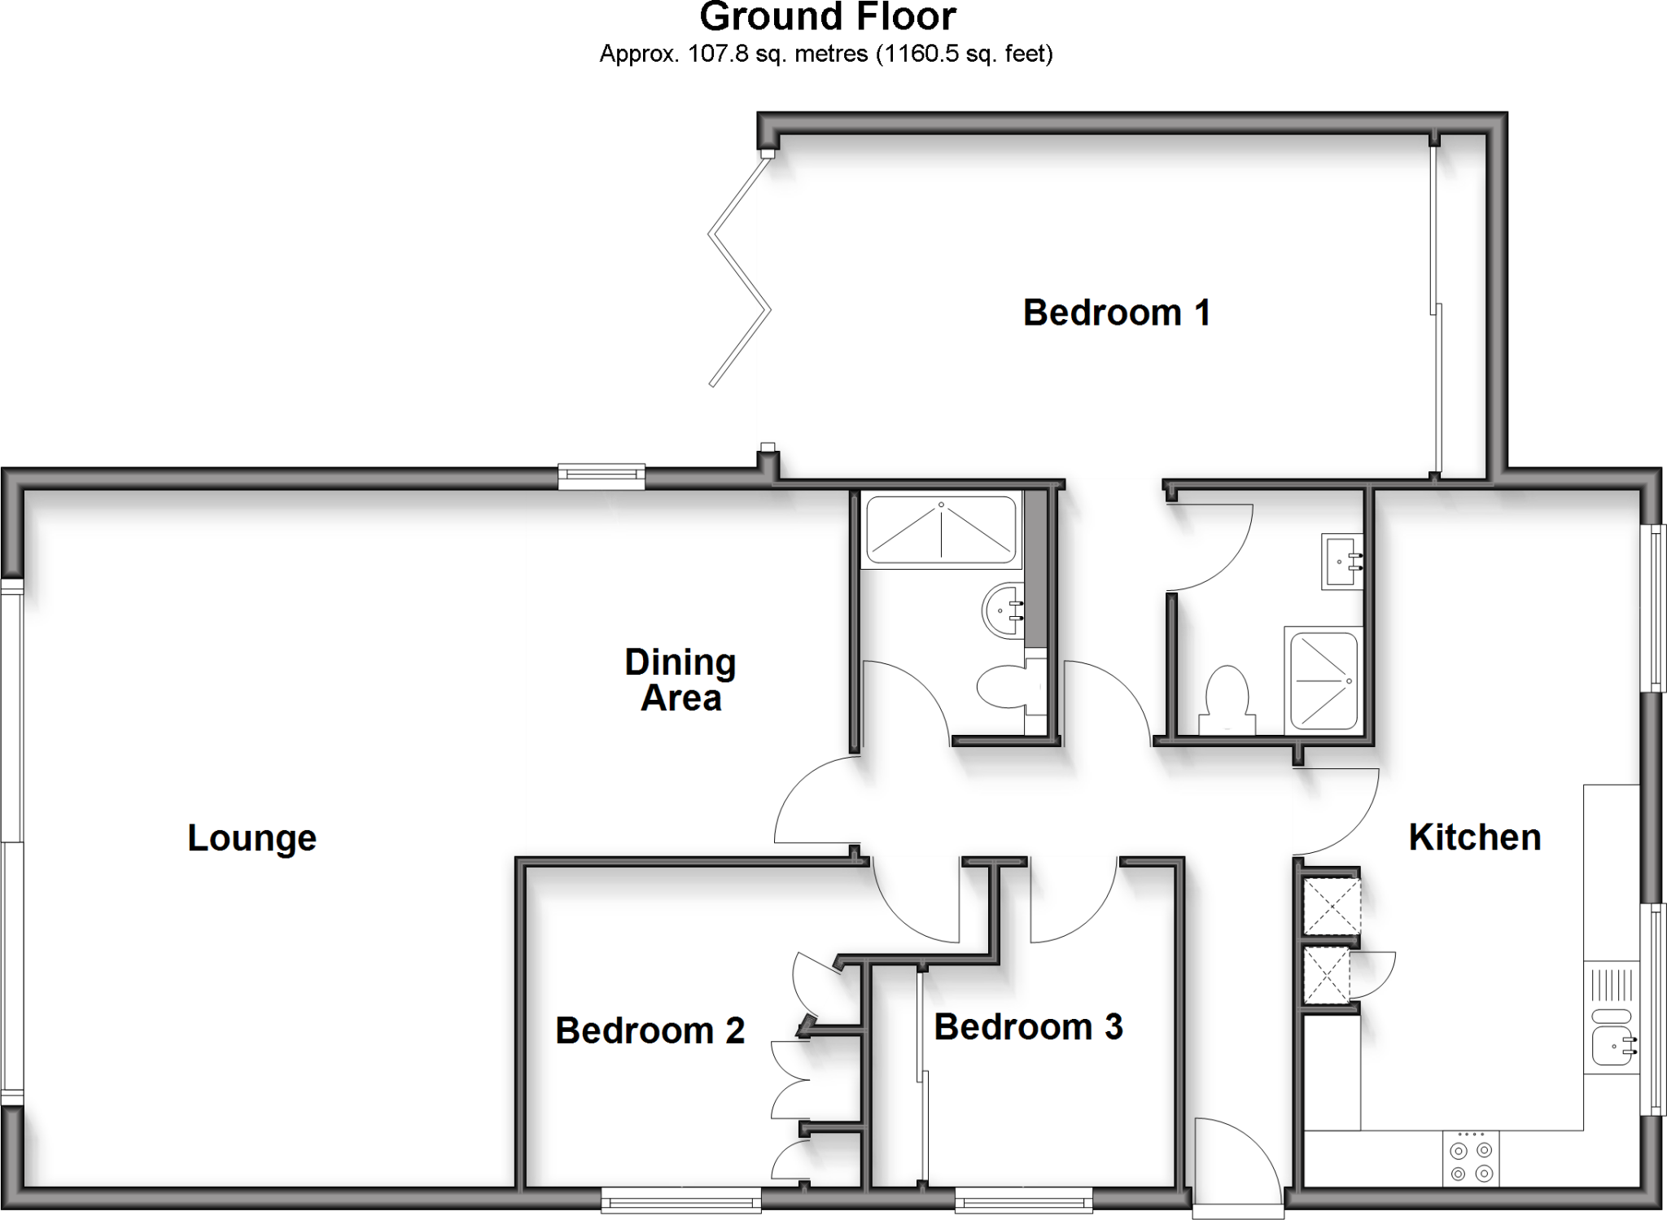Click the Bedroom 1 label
(1116, 313)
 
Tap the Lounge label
(252, 838)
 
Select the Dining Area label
(680, 680)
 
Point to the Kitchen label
(1474, 837)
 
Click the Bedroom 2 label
(650, 1031)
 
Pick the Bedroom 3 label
(1028, 1027)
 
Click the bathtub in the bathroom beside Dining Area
(940, 531)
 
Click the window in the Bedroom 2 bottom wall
(680, 1199)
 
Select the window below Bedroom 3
(1023, 1199)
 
